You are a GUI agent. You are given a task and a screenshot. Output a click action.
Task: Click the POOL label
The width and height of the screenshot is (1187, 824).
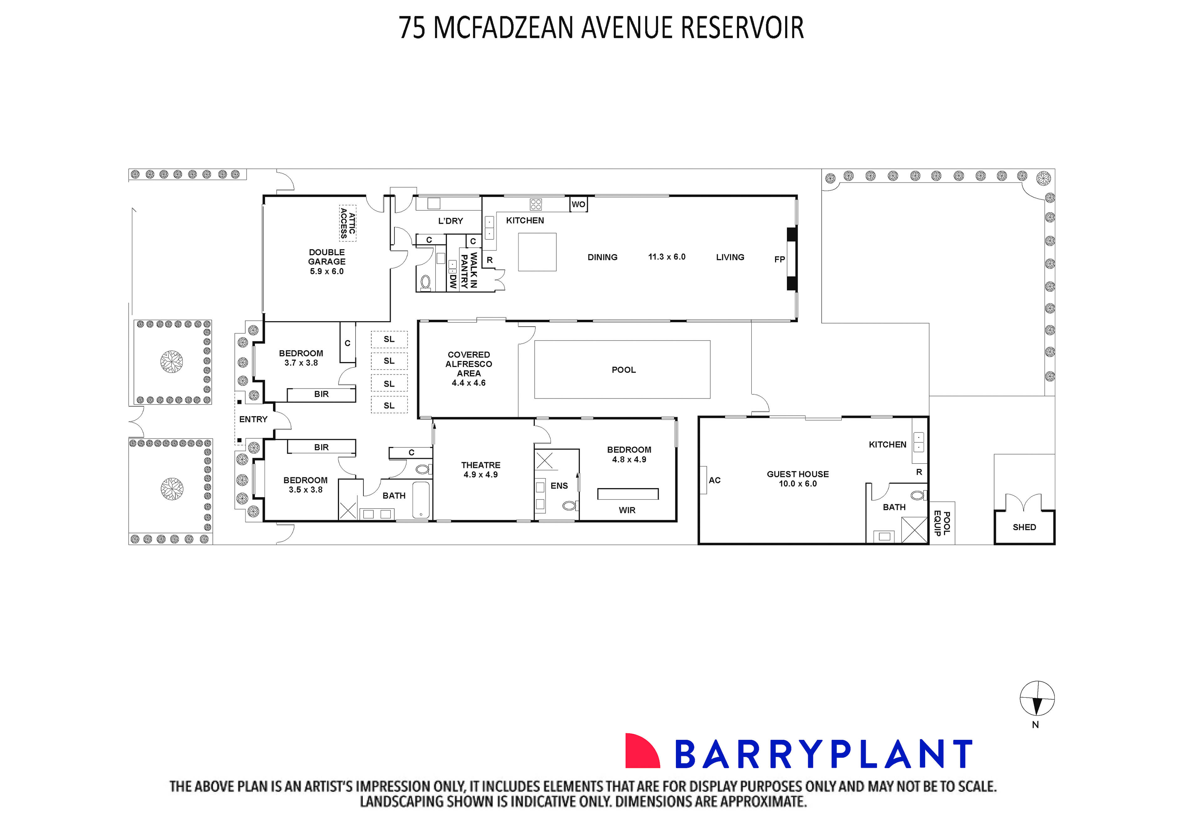[623, 370]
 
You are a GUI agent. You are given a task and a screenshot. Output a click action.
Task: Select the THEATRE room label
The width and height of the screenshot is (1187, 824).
[480, 465]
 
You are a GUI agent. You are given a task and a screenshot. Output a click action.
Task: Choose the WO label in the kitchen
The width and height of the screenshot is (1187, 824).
[578, 205]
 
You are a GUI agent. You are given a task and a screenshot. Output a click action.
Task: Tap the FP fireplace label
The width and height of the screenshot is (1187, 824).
[779, 259]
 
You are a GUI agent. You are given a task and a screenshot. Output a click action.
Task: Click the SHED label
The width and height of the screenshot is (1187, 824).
[1024, 527]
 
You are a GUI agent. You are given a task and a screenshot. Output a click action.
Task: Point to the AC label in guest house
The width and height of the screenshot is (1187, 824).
[714, 480]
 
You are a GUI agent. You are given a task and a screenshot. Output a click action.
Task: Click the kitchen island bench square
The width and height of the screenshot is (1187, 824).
[537, 252]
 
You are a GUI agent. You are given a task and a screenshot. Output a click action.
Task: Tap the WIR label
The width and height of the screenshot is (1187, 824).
[627, 510]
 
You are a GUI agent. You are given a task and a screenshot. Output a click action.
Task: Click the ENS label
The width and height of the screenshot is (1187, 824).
[559, 486]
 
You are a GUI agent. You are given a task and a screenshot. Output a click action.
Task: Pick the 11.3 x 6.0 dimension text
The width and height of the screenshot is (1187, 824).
[667, 257]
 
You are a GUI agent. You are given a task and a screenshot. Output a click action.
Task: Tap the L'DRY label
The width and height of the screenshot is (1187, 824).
[450, 221]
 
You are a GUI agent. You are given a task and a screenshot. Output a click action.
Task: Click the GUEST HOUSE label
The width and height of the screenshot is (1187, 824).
[797, 474]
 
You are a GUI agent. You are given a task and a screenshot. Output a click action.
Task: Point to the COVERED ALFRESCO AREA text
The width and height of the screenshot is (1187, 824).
[469, 364]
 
